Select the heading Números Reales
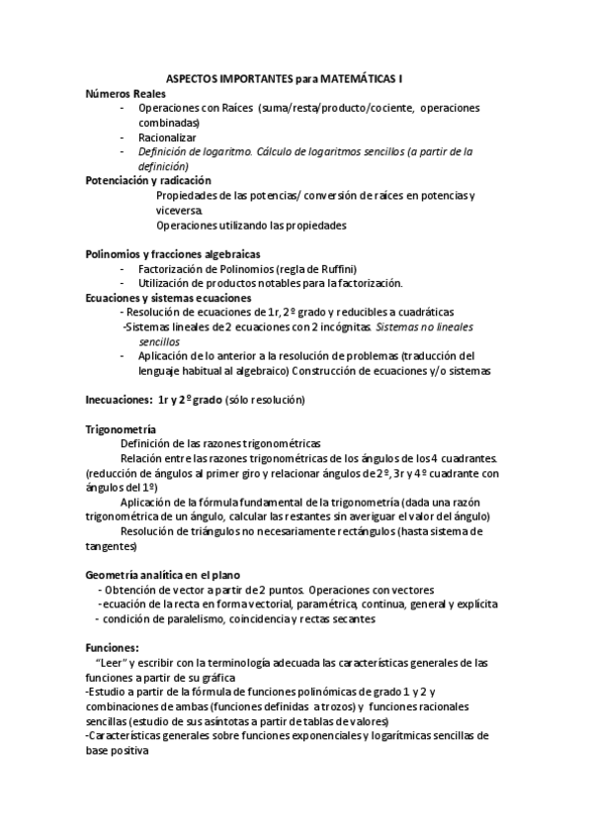[x=123, y=92]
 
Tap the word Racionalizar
[x=168, y=137]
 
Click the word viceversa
[x=180, y=211]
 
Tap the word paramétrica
[x=336, y=604]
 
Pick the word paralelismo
[x=209, y=618]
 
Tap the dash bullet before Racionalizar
[x=122, y=137]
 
